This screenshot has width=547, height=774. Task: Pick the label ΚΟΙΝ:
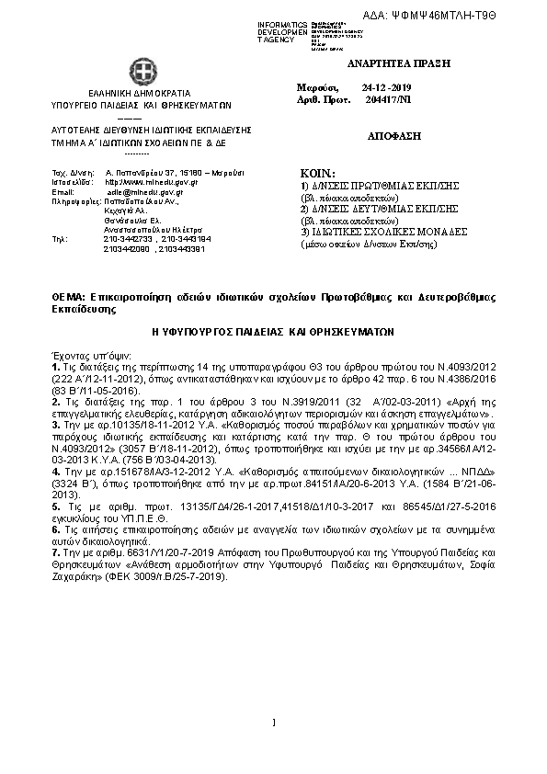[318, 174]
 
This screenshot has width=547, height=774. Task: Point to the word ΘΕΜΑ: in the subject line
[68, 298]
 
